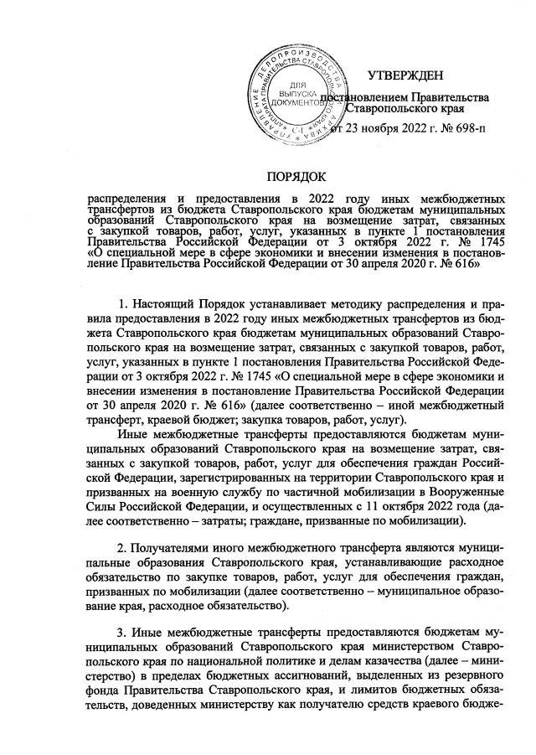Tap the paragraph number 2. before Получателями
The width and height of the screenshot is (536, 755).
click(x=126, y=546)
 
